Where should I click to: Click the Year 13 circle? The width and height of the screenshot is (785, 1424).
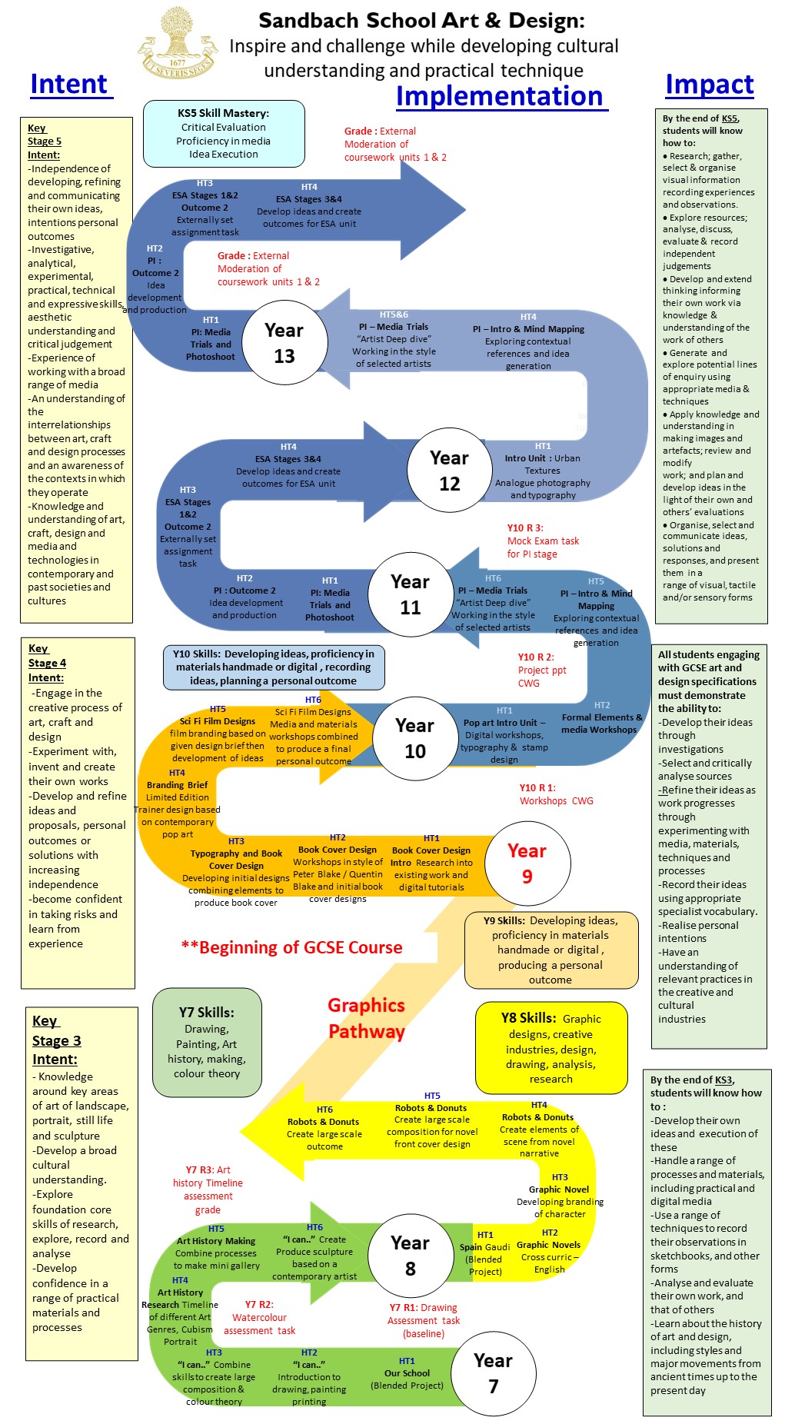point(284,343)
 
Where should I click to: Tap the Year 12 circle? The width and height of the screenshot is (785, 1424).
point(449,471)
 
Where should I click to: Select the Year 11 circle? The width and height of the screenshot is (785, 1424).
point(410,594)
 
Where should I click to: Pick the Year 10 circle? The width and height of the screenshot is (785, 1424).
point(414,738)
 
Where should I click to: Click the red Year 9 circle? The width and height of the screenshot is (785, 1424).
point(527,863)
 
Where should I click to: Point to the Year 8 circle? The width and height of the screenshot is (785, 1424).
point(410,1255)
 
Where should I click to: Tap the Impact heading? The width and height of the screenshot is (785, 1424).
point(709,84)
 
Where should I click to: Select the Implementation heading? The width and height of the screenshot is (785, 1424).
point(500,96)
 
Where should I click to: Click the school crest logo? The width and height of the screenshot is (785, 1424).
point(177,45)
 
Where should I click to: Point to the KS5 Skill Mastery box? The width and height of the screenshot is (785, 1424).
point(224,133)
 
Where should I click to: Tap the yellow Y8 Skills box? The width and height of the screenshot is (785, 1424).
point(551,1047)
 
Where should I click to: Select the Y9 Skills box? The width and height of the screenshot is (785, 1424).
point(550,950)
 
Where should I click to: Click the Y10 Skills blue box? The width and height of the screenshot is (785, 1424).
point(273,667)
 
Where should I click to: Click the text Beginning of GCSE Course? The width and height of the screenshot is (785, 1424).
point(292,947)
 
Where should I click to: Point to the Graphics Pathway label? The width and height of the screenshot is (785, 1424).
point(367,1018)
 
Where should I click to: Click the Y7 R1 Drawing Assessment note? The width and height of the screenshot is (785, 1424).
point(424,1320)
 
